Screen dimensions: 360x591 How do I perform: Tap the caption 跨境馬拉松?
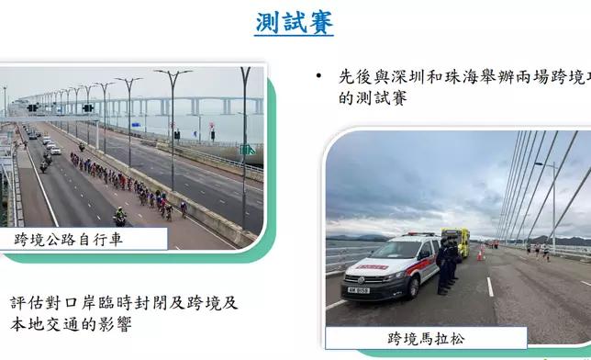[x=426, y=339]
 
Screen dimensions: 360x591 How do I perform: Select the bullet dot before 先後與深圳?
[x=318, y=76]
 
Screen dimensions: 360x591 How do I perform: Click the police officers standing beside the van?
[x=446, y=265]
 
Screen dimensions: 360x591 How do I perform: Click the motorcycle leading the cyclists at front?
[x=119, y=217]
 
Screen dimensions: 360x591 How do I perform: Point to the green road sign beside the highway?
[x=247, y=149]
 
